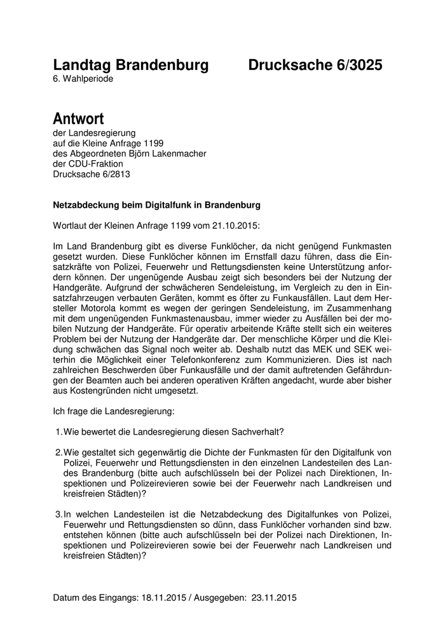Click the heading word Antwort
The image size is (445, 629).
(78, 119)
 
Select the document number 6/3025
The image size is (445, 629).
(355, 65)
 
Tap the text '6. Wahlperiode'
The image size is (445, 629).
(83, 79)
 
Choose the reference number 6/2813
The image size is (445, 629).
(117, 174)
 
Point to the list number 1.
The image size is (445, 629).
(58, 433)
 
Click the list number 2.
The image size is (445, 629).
(58, 452)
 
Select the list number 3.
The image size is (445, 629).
(58, 513)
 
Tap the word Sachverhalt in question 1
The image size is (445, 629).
(249, 433)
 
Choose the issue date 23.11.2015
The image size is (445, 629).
(275, 598)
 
